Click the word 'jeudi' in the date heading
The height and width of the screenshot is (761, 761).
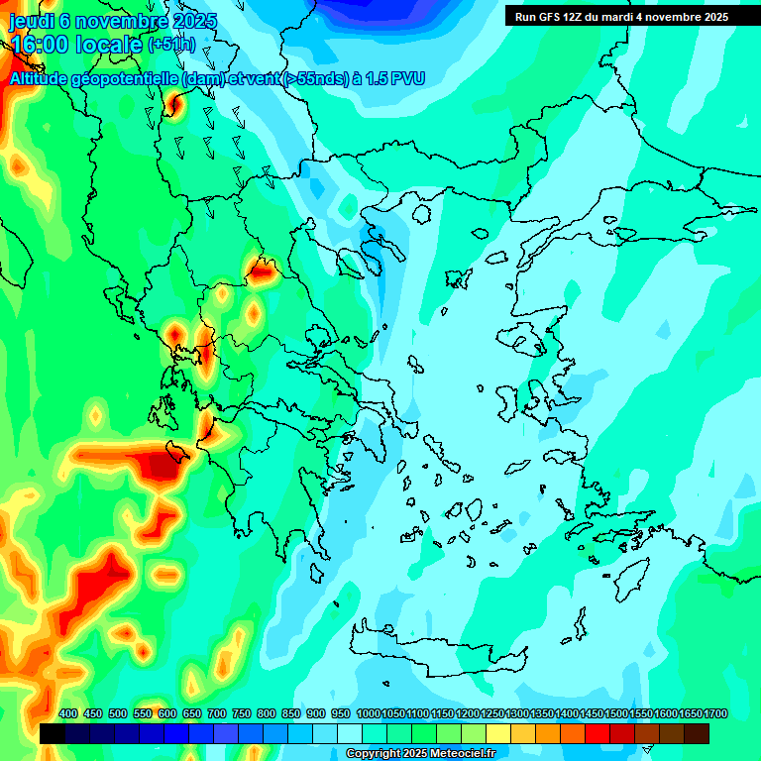(x=31, y=21)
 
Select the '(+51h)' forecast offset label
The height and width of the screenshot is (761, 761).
(x=171, y=45)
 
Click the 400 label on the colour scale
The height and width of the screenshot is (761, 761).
(x=68, y=714)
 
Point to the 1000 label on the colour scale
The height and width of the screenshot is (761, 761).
(x=368, y=714)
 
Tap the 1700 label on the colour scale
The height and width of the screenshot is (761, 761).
(x=716, y=714)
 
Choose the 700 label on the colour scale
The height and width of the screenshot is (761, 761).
(x=217, y=714)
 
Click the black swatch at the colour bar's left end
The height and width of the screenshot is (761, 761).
(x=53, y=733)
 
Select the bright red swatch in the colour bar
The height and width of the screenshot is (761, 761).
(x=598, y=733)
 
